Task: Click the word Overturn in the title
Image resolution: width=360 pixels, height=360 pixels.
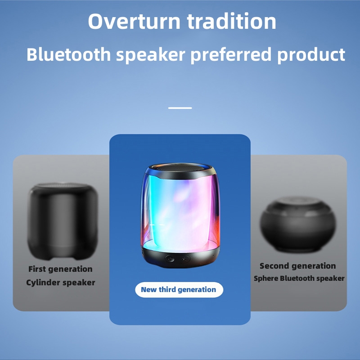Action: point(134,21)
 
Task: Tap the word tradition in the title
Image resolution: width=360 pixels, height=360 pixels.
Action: point(231,21)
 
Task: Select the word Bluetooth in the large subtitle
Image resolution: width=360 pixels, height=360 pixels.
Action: point(69,54)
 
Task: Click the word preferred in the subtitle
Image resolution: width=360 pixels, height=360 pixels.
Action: point(231,55)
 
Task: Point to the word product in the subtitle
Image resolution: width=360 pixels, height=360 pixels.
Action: point(311,55)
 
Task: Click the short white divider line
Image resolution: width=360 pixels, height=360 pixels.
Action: point(180,108)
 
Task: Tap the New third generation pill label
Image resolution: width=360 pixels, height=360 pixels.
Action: point(179,290)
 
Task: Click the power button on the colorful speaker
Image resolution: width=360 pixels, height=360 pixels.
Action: point(170,259)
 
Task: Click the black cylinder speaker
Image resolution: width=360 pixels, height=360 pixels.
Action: point(63,221)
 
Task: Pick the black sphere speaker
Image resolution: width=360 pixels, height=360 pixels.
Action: point(298,224)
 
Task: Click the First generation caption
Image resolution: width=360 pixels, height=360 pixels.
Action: point(60,269)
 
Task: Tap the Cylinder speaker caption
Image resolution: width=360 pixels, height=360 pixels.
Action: point(61,283)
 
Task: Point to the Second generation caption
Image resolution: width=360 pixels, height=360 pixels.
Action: point(298,266)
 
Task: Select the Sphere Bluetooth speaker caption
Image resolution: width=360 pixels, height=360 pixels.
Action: point(299,278)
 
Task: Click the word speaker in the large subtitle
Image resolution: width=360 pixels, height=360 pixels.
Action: point(151,55)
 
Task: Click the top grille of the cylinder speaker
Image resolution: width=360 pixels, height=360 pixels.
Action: point(63,185)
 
